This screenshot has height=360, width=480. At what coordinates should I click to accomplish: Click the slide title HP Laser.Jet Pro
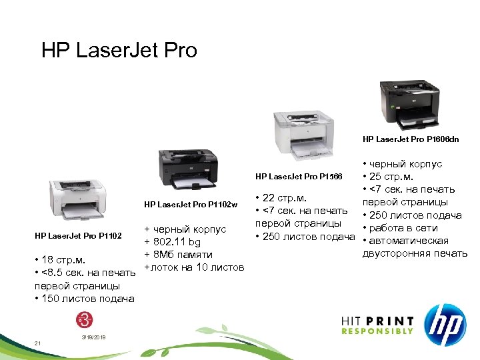(119, 51)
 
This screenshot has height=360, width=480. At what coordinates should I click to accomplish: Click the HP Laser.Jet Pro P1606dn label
(411, 139)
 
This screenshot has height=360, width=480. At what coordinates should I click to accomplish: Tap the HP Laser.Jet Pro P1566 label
(298, 176)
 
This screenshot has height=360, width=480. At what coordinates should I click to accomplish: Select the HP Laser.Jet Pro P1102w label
(191, 204)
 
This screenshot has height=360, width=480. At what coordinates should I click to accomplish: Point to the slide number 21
(38, 343)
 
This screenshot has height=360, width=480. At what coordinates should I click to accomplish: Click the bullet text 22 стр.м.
(284, 197)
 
